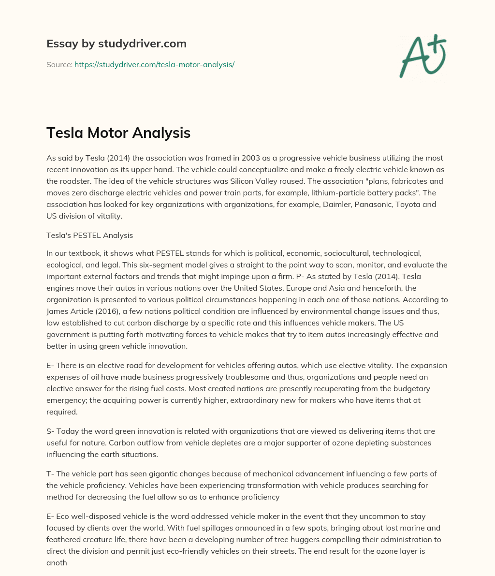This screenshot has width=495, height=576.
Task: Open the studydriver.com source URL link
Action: [154, 64]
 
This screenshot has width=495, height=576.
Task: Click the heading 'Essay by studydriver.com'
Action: [116, 44]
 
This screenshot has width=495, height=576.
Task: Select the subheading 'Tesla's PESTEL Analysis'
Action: [89, 236]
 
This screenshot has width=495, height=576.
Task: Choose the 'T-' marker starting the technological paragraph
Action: [50, 473]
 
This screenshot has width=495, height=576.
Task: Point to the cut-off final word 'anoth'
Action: [57, 562]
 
